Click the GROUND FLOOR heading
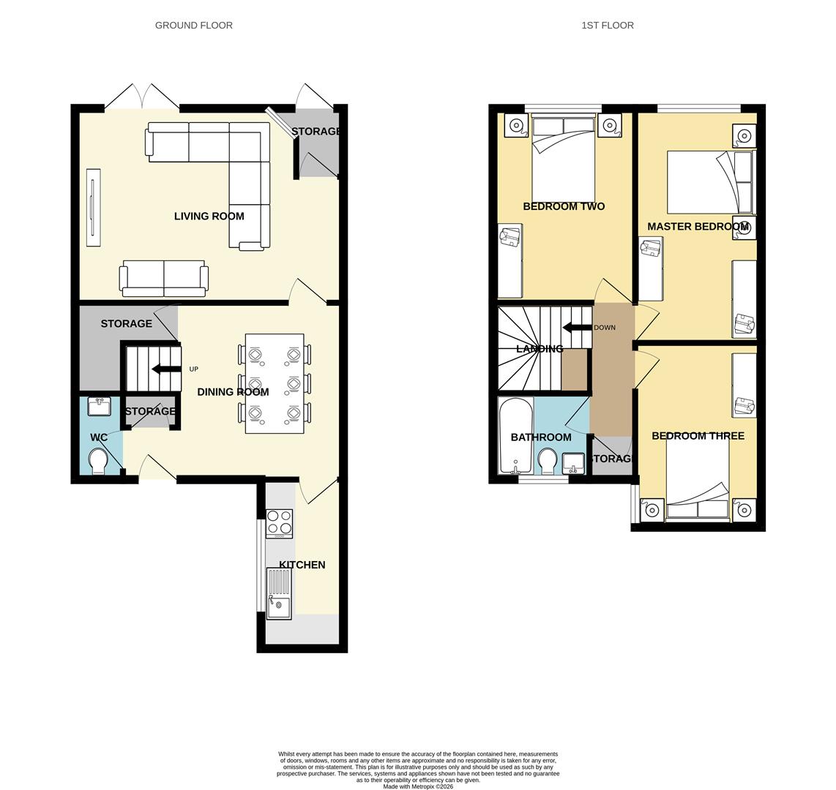pyautogui.click(x=193, y=25)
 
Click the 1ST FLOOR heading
pyautogui.click(x=607, y=25)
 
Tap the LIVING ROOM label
pyautogui.click(x=209, y=216)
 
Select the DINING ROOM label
pyautogui.click(x=233, y=391)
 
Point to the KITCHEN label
pyautogui.click(x=302, y=565)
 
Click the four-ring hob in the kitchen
pyautogui.click(x=279, y=523)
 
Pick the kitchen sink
pyautogui.click(x=278, y=593)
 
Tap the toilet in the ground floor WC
pyautogui.click(x=98, y=462)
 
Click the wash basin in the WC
pyautogui.click(x=99, y=406)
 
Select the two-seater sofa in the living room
pyautogui.click(x=164, y=278)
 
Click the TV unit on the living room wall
pyautogui.click(x=93, y=207)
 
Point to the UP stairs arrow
pyautogui.click(x=166, y=369)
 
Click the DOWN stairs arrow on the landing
pyautogui.click(x=577, y=328)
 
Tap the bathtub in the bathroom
pyautogui.click(x=515, y=435)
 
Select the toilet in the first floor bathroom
pyautogui.click(x=548, y=461)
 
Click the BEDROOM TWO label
pyautogui.click(x=564, y=206)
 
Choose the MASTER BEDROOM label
pyautogui.click(x=697, y=226)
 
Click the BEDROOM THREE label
pyautogui.click(x=698, y=435)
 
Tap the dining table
pyautogui.click(x=275, y=383)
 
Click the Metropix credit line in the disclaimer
pyautogui.click(x=418, y=786)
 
